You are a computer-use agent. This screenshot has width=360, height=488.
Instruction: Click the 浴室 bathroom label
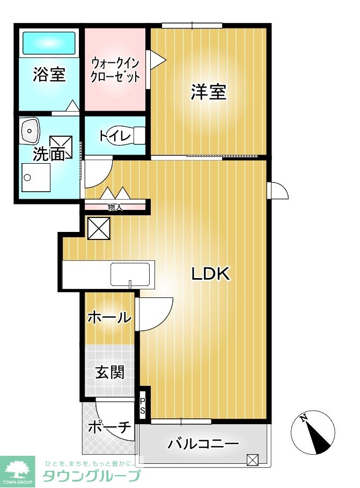49,75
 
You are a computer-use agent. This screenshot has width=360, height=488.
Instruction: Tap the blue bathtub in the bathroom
48,41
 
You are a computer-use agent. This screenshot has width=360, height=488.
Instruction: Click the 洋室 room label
209,92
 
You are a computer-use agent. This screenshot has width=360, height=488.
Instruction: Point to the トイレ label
115,136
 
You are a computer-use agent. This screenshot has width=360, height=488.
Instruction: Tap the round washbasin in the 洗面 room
30,129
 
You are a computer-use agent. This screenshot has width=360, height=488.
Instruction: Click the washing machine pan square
35,177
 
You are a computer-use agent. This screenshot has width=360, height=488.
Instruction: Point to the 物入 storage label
115,207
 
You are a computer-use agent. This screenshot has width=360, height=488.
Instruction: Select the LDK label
211,274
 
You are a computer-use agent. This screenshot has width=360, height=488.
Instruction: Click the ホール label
109,317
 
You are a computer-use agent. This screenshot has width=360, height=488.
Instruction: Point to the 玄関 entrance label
109,372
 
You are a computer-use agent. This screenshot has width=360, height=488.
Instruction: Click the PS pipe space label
143,406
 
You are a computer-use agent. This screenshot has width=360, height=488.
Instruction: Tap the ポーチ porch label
109,428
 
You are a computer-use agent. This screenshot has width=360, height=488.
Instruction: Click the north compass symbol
312,432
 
